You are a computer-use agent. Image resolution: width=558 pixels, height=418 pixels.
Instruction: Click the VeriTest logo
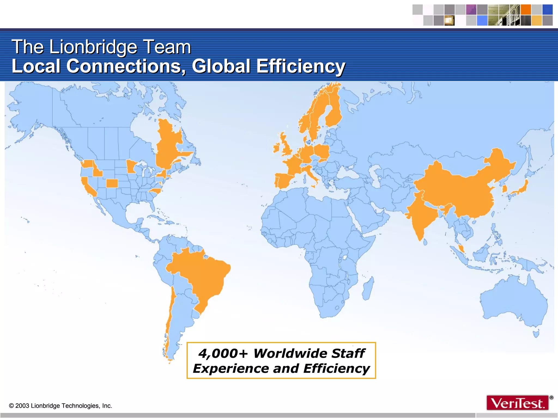pos(518,403)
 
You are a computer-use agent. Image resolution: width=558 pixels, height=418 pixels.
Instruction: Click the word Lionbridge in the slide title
pos(93,47)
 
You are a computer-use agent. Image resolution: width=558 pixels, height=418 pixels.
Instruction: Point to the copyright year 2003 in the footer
pos(22,406)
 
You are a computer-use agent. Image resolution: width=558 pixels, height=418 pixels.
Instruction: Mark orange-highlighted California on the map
pos(88,187)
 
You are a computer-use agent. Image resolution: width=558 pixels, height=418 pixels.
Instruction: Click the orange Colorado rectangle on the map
pos(112,183)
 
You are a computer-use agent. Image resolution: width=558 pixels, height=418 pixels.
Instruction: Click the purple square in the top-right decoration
pos(471,10)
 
